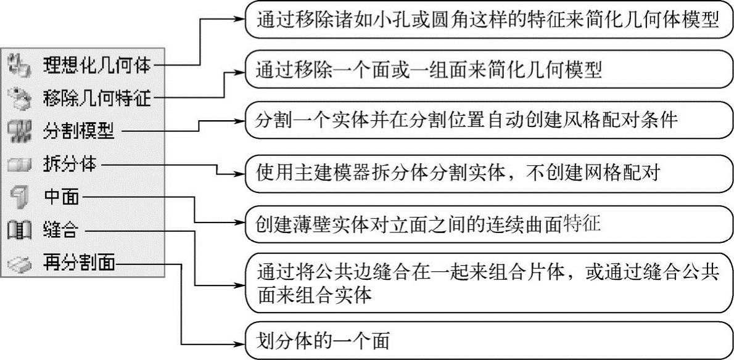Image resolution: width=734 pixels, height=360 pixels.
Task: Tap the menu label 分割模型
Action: tap(83, 130)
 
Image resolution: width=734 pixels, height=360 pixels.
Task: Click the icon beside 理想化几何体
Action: tap(21, 64)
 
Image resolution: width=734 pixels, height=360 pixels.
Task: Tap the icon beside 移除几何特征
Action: tap(21, 97)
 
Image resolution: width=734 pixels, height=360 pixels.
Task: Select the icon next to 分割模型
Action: tap(21, 130)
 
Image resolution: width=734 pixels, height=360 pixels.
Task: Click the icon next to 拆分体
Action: tap(21, 165)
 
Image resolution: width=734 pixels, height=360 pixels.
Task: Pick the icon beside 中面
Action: tap(21, 198)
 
